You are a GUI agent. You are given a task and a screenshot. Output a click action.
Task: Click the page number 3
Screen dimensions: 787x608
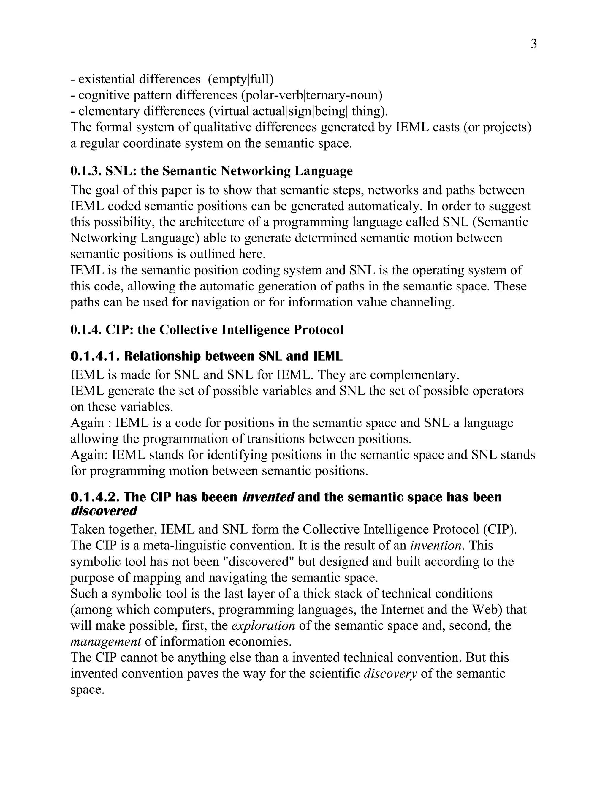(533, 44)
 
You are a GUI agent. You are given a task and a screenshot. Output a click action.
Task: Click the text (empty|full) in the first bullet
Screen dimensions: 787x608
(240, 79)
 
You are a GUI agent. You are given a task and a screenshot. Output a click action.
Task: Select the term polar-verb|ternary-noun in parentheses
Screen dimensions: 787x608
(311, 95)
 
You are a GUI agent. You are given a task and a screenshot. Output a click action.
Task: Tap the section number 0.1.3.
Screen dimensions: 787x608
(86, 171)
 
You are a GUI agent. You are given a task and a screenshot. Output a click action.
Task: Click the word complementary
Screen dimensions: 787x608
(414, 375)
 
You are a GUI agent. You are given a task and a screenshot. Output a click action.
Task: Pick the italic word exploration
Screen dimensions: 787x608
(263, 625)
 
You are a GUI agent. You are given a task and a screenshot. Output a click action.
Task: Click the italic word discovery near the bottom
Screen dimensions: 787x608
(390, 674)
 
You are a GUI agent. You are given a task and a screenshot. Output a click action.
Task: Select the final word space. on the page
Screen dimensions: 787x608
(87, 690)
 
